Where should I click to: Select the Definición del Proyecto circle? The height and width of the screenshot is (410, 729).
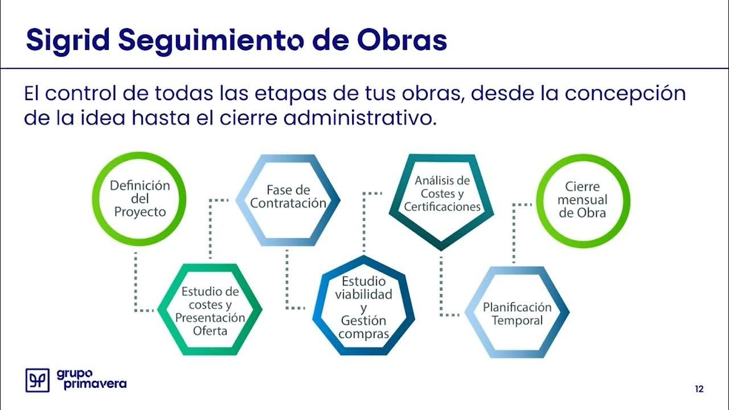click(x=140, y=199)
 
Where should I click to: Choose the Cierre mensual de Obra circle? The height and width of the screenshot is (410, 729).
click(x=582, y=200)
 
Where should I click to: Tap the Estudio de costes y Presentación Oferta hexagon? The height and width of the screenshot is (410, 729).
click(x=210, y=310)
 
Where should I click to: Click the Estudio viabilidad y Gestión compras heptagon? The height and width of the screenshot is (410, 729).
click(x=363, y=307)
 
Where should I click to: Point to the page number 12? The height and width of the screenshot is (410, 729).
click(x=699, y=389)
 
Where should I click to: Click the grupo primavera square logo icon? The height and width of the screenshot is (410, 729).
click(x=38, y=380)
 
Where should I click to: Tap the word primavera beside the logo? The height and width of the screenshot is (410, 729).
click(x=91, y=384)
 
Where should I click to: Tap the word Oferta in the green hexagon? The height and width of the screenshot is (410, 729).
click(x=210, y=331)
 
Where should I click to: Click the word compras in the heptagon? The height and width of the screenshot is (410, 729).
click(x=363, y=334)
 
